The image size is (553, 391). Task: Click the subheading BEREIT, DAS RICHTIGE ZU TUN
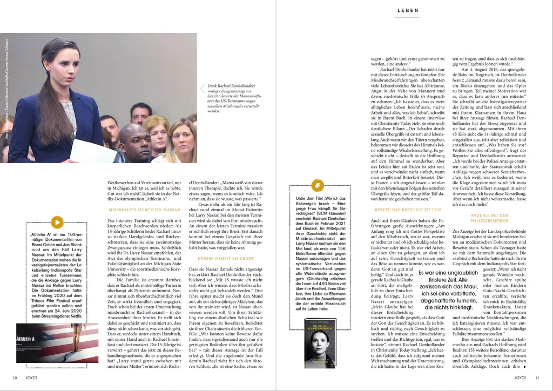408,209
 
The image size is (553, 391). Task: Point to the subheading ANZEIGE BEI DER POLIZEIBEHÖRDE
489,218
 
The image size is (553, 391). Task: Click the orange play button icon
57,222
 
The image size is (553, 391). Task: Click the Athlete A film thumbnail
57,343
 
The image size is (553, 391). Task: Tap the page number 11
537,377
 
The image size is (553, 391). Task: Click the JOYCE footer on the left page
32,377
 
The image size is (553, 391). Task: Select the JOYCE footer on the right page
520,377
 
